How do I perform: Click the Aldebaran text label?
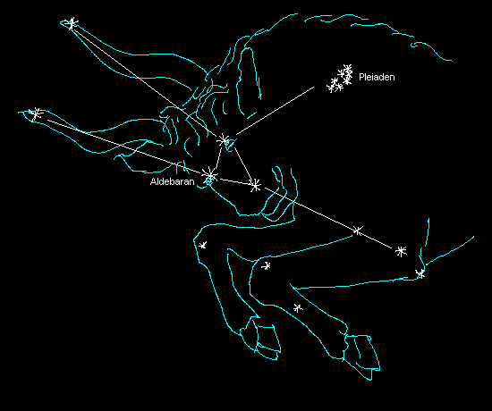(x=173, y=181)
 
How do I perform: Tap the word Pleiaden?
(x=377, y=77)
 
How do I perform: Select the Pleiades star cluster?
(x=340, y=79)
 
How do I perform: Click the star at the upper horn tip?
(x=72, y=23)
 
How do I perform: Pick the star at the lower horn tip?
(x=36, y=114)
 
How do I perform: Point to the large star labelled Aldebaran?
(x=210, y=176)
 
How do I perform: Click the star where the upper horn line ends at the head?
(x=224, y=140)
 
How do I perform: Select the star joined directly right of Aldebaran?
(x=256, y=186)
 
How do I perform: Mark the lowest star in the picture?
(x=298, y=308)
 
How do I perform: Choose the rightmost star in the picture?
(x=420, y=273)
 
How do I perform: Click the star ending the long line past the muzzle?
(x=401, y=251)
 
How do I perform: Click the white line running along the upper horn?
(x=148, y=82)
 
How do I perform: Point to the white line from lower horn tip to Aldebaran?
(x=125, y=147)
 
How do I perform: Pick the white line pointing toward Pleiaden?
(x=275, y=111)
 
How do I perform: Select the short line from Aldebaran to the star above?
(x=217, y=159)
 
